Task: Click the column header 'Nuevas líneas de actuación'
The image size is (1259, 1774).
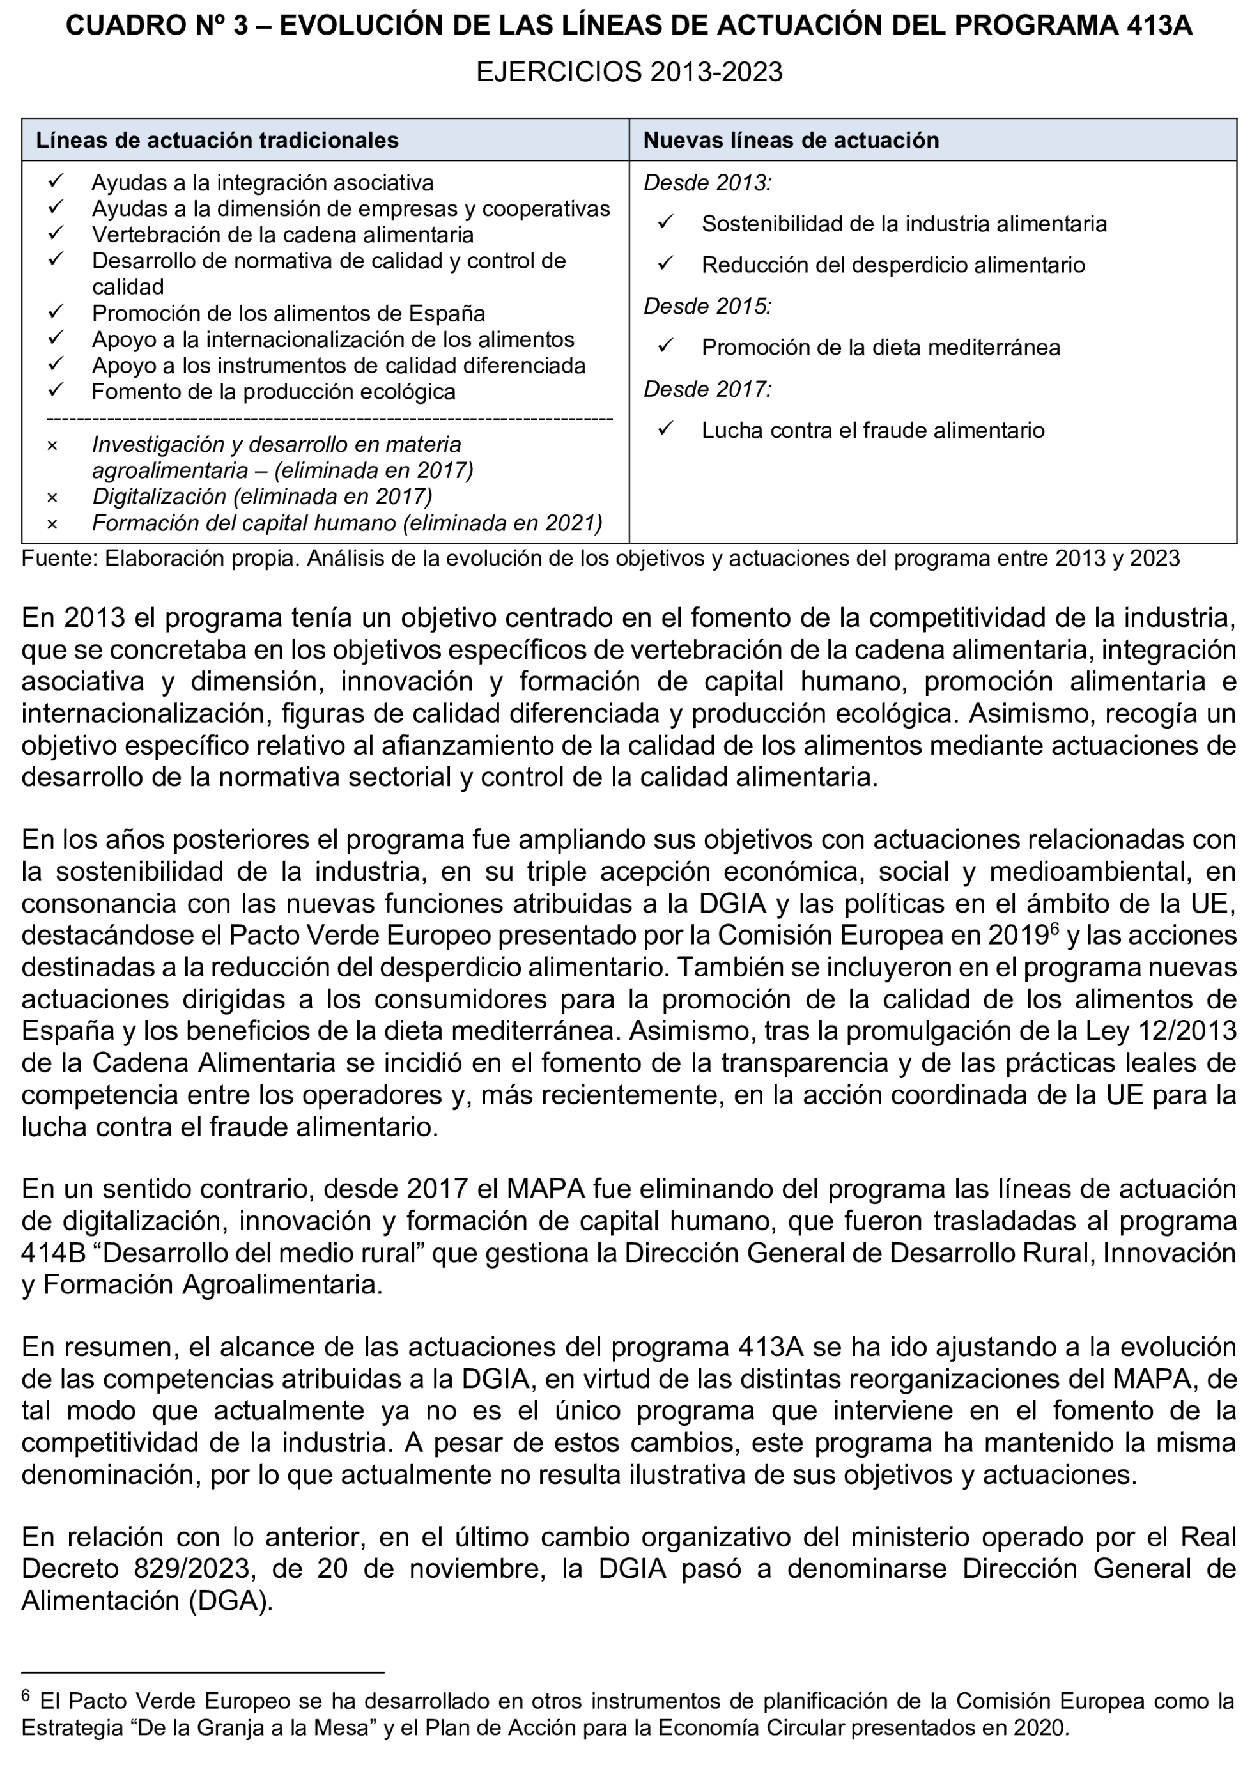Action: coord(791,141)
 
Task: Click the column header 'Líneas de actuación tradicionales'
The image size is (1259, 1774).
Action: coord(217,141)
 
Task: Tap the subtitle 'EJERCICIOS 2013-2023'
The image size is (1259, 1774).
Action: coord(629,72)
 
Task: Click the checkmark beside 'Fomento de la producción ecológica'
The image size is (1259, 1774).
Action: coord(55,390)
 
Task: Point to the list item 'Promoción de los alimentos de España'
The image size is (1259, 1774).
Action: coord(288,313)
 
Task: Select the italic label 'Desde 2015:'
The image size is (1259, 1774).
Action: coord(707,307)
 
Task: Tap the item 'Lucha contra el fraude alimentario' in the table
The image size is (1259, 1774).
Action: coord(873,430)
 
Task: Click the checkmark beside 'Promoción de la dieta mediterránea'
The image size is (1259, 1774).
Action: coord(666,346)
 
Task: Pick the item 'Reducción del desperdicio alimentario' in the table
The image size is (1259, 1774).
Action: coord(893,265)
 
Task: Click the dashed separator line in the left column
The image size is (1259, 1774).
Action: coord(330,419)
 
